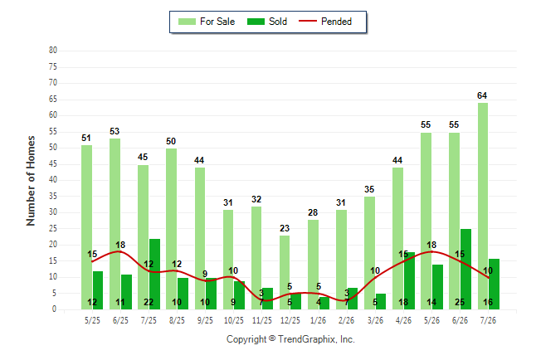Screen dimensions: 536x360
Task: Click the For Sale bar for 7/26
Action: tap(483, 207)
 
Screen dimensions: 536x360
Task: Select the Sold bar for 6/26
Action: tap(465, 269)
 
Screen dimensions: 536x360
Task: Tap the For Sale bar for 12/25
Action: tap(285, 272)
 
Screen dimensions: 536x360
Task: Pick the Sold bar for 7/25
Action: tap(154, 275)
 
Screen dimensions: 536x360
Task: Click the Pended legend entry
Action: tap(325, 22)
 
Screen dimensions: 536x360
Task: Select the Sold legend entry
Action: tap(267, 22)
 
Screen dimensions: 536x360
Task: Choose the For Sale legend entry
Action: tap(207, 22)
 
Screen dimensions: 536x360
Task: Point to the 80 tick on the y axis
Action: tap(53, 51)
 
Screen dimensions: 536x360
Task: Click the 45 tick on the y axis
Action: tap(53, 164)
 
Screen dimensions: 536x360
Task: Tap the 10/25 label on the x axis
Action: tap(234, 320)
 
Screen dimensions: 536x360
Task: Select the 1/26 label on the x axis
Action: tap(318, 320)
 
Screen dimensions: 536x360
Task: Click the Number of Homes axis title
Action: tap(31, 181)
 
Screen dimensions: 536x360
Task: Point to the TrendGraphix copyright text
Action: tap(290, 339)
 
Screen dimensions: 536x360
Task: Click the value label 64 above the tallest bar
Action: tap(482, 95)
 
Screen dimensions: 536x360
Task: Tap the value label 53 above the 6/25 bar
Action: tap(115, 131)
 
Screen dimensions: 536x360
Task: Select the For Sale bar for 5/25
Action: tap(87, 227)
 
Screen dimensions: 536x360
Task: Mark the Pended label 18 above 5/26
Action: tap(431, 245)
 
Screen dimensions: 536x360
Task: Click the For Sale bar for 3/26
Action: tap(369, 253)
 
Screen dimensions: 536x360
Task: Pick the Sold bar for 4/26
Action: tap(409, 280)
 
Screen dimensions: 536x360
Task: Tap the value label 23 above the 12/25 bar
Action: tap(285, 228)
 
